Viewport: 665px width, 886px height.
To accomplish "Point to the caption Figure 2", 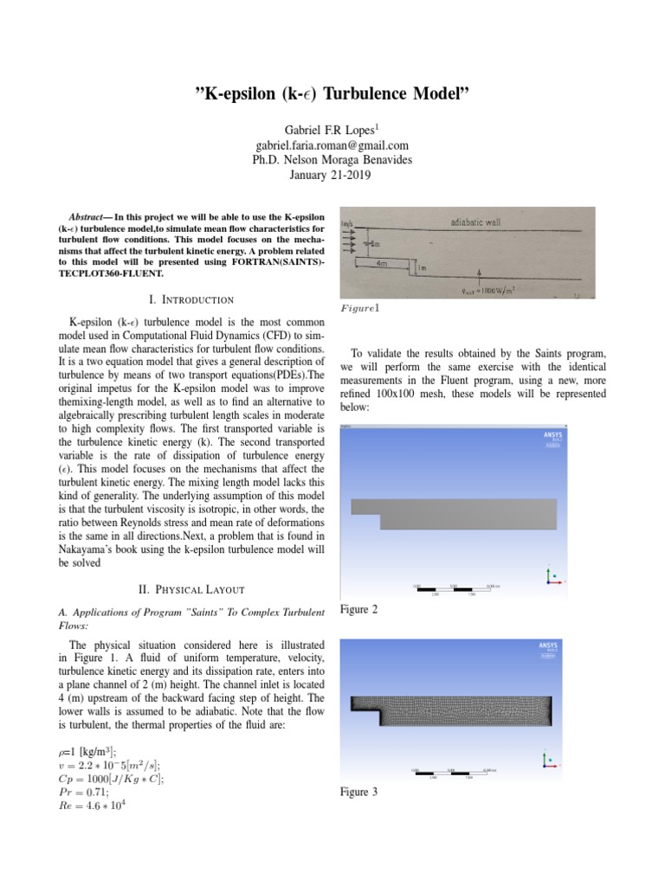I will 359,611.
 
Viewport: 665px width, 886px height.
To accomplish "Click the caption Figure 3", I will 359,792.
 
